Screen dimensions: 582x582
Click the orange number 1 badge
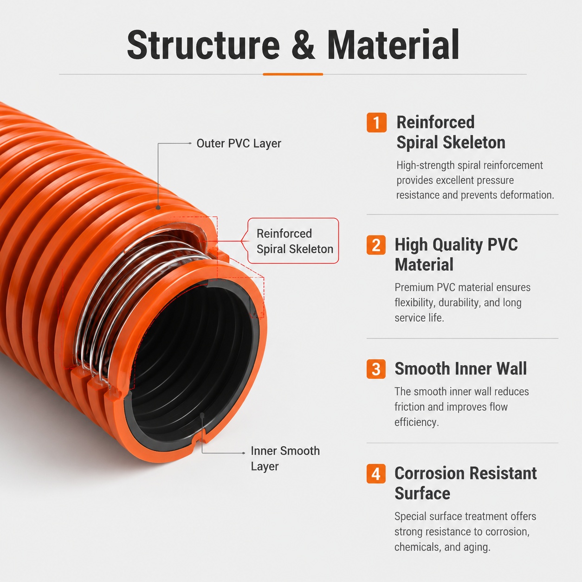point(376,123)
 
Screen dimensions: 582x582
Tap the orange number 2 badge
point(376,245)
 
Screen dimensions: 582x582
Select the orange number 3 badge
point(376,369)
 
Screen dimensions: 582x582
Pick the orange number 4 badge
point(376,473)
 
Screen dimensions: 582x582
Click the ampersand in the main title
point(303,45)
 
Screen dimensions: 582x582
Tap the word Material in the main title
point(393,44)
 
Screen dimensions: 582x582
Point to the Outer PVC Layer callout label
point(239,143)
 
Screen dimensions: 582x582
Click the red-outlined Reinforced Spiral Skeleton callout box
point(293,241)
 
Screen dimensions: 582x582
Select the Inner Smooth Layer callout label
point(285,459)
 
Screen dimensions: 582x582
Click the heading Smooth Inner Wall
point(460,369)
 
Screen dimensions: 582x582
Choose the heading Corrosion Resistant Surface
point(466,483)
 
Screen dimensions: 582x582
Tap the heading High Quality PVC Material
point(456,254)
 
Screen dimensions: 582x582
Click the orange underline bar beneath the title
point(293,74)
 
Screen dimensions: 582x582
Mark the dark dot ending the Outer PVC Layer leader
point(158,207)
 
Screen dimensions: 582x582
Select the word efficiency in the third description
point(416,422)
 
